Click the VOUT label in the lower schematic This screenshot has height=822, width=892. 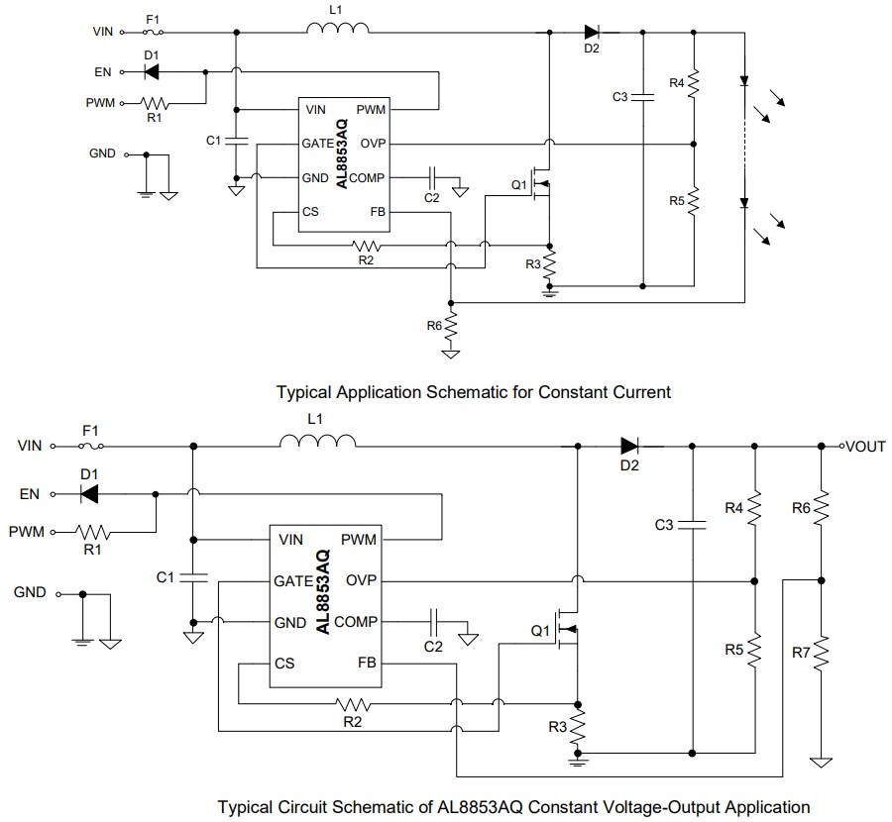click(865, 447)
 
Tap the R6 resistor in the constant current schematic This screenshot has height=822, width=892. click(451, 323)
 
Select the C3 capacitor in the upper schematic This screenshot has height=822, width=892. click(644, 97)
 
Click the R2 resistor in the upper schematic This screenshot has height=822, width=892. click(368, 245)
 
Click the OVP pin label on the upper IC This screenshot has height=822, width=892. click(373, 144)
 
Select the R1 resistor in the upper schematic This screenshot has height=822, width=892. click(156, 102)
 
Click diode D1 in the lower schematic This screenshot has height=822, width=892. click(91, 492)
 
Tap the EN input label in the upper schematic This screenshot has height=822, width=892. click(103, 71)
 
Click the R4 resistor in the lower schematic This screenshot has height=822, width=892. click(754, 508)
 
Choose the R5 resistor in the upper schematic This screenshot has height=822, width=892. click(694, 201)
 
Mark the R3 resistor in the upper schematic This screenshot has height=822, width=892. click(550, 264)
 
